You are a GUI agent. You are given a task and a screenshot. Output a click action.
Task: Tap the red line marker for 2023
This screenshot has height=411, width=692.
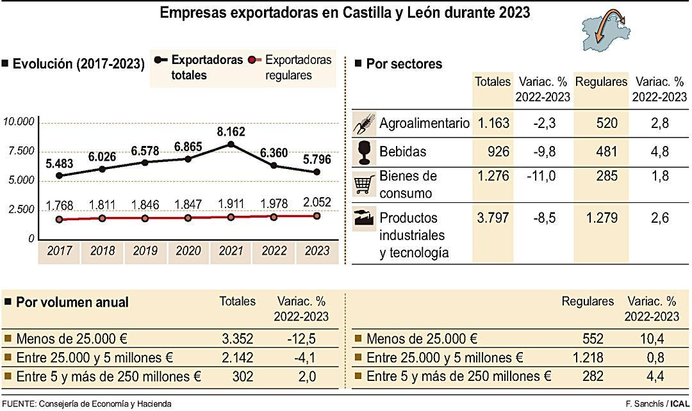pyautogui.click(x=317, y=216)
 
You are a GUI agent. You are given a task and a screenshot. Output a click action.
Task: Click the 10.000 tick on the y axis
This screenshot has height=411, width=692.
pyautogui.click(x=19, y=122)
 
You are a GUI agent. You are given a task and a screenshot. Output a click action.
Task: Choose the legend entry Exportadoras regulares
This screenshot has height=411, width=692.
pyautogui.click(x=298, y=67)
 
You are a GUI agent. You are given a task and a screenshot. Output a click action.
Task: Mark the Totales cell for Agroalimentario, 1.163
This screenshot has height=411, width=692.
pyautogui.click(x=492, y=124)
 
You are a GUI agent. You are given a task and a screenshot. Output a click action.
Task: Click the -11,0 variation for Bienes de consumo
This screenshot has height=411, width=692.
pyautogui.click(x=540, y=177)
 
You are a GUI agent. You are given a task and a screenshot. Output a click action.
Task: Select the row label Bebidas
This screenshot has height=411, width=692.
pyautogui.click(x=402, y=152)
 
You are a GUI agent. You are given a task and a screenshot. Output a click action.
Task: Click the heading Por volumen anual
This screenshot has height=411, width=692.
pyautogui.click(x=72, y=302)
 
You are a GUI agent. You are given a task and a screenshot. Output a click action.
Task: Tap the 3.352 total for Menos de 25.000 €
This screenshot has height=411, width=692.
pyautogui.click(x=236, y=339)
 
